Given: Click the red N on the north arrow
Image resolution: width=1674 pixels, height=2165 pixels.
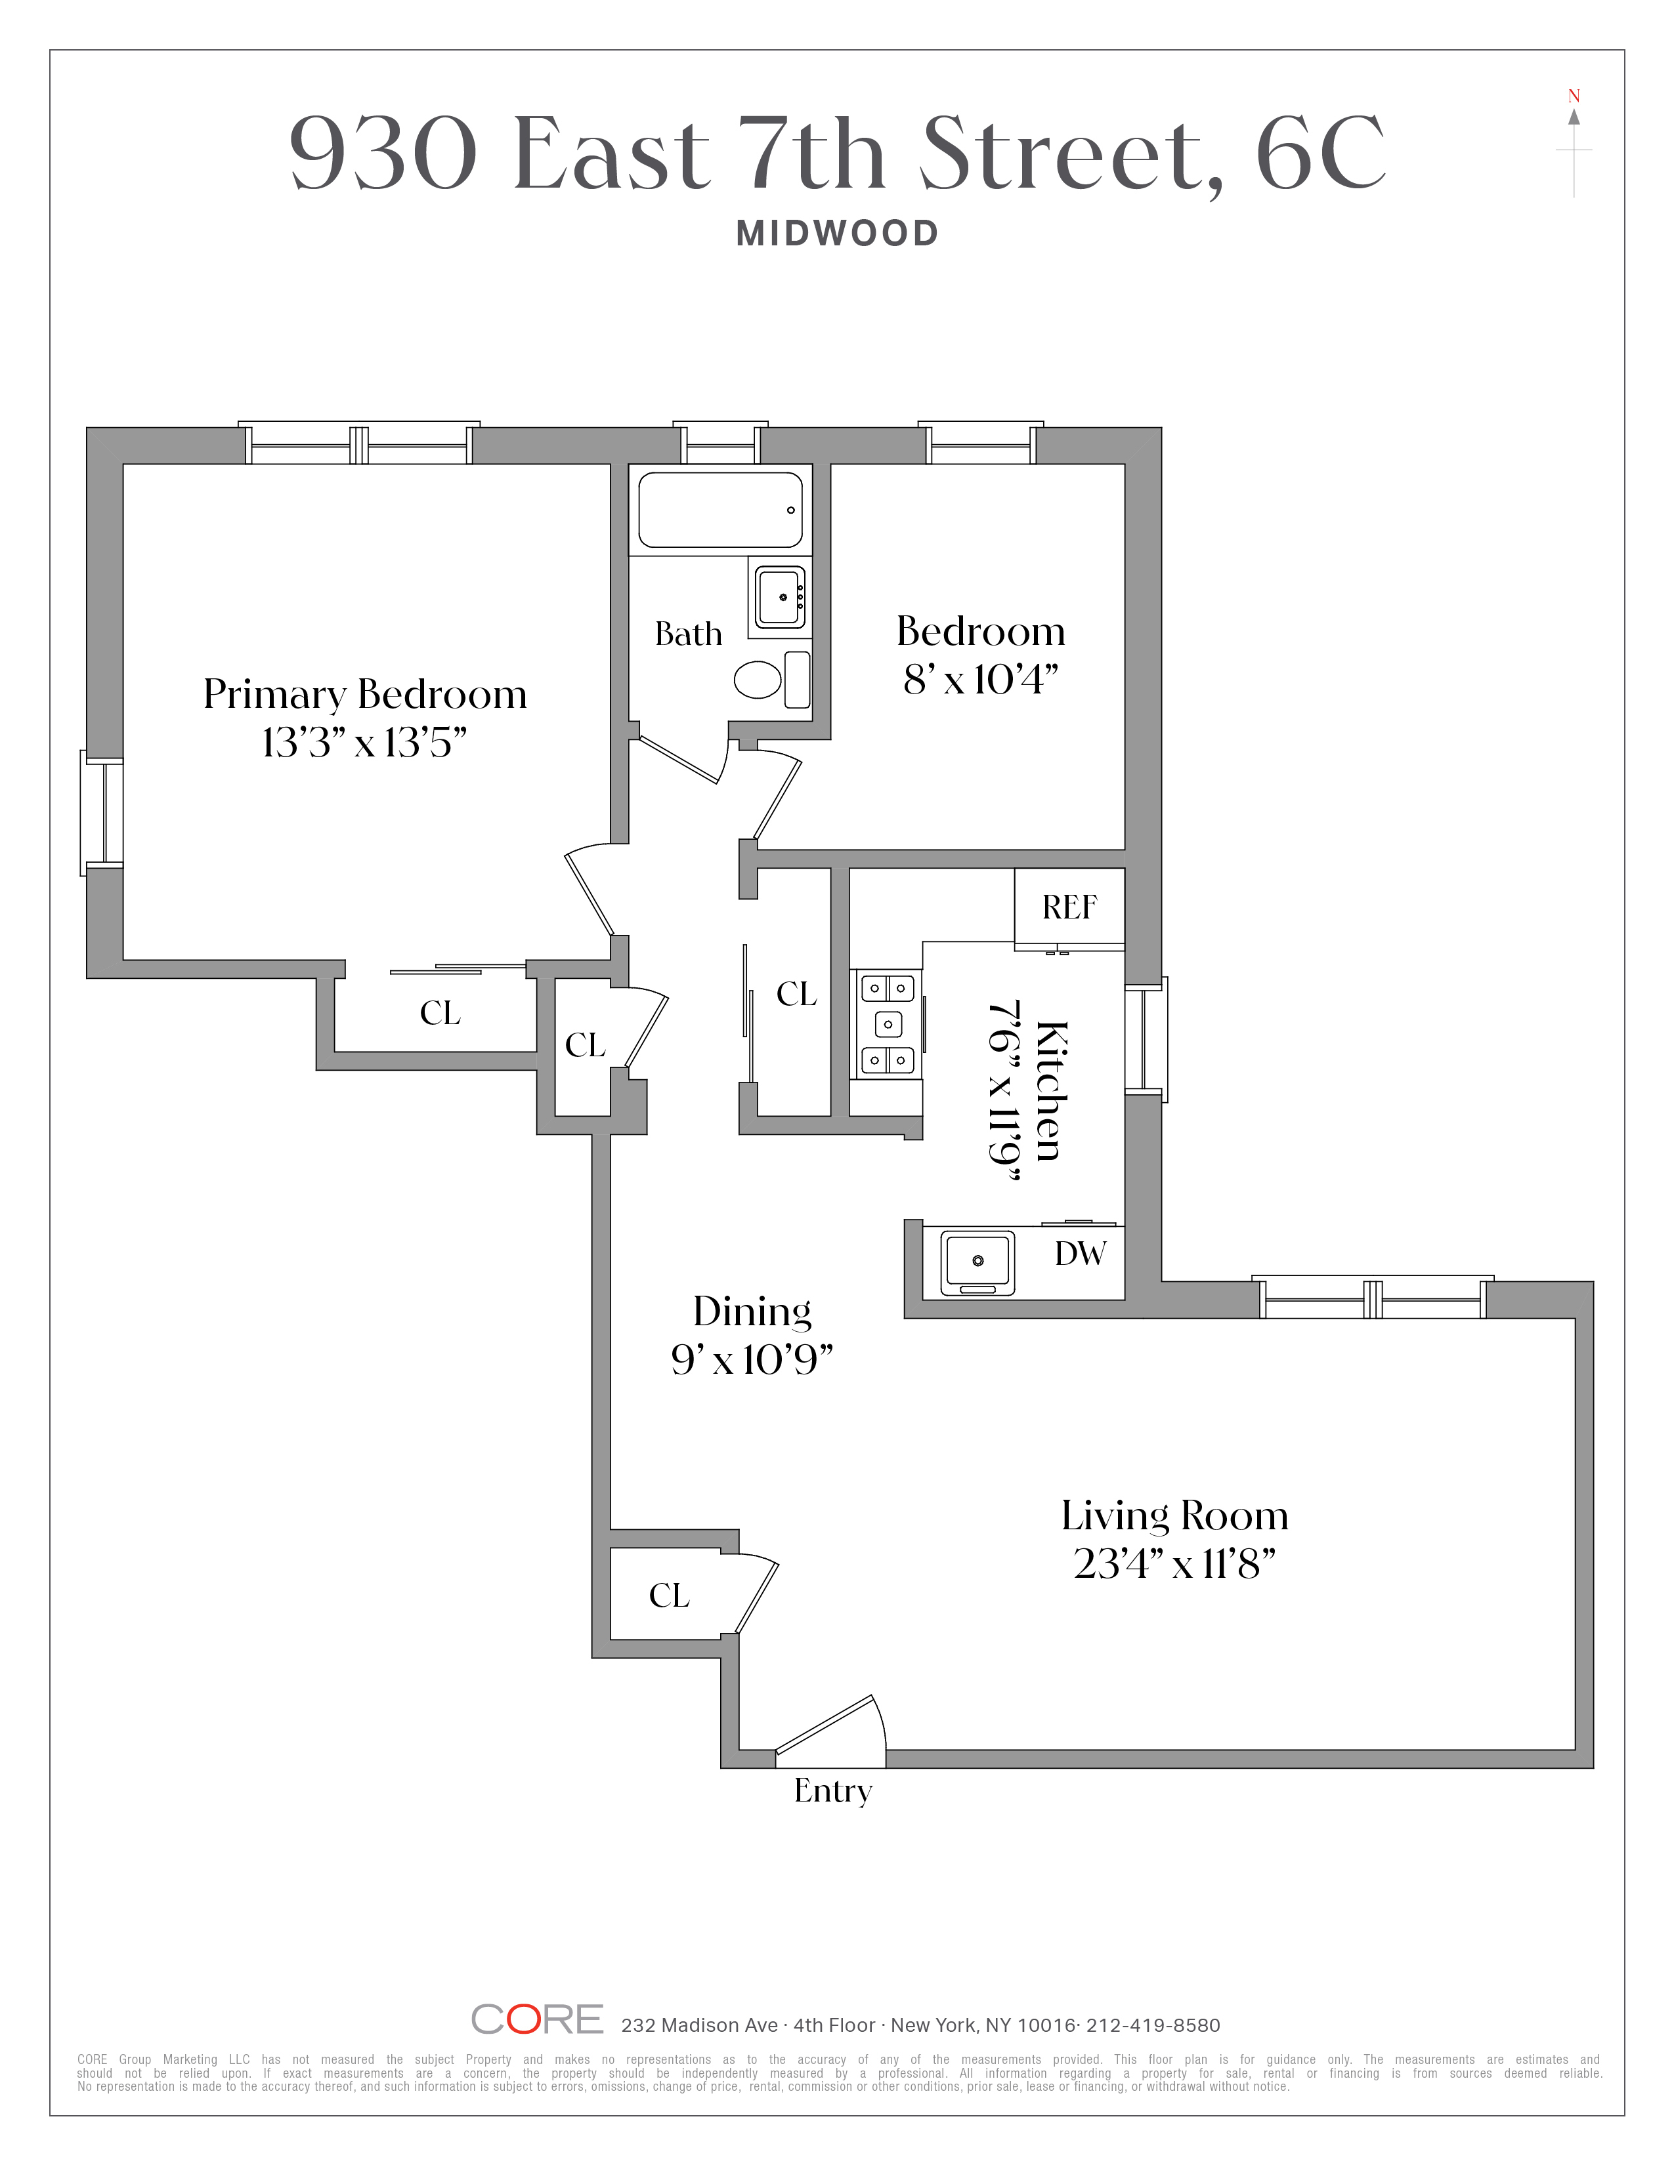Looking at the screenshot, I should (1574, 96).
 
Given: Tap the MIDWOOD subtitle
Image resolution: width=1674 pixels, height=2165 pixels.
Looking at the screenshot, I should (837, 234).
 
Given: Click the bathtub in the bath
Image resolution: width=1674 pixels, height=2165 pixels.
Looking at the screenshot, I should (720, 510).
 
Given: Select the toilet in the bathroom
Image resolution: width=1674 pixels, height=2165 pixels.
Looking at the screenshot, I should (758, 679).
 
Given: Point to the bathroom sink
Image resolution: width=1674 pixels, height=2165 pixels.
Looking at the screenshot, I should (781, 597).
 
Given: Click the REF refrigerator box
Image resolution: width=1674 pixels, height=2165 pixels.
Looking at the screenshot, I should (1069, 906).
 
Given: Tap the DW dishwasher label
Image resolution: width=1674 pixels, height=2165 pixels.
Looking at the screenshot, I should (1080, 1254).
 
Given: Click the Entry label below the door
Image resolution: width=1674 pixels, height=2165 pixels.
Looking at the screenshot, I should (833, 1790).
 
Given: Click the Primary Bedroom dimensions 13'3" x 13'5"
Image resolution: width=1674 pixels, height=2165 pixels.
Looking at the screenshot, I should (364, 743).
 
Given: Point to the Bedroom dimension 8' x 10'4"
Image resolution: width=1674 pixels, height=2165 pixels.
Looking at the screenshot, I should (980, 680).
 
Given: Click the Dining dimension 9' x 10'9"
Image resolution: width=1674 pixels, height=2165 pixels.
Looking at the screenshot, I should (752, 1360).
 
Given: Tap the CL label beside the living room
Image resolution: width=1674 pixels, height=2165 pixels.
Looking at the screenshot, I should (670, 1595).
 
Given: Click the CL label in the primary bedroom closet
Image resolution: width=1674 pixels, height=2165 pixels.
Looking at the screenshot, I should (440, 1012).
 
